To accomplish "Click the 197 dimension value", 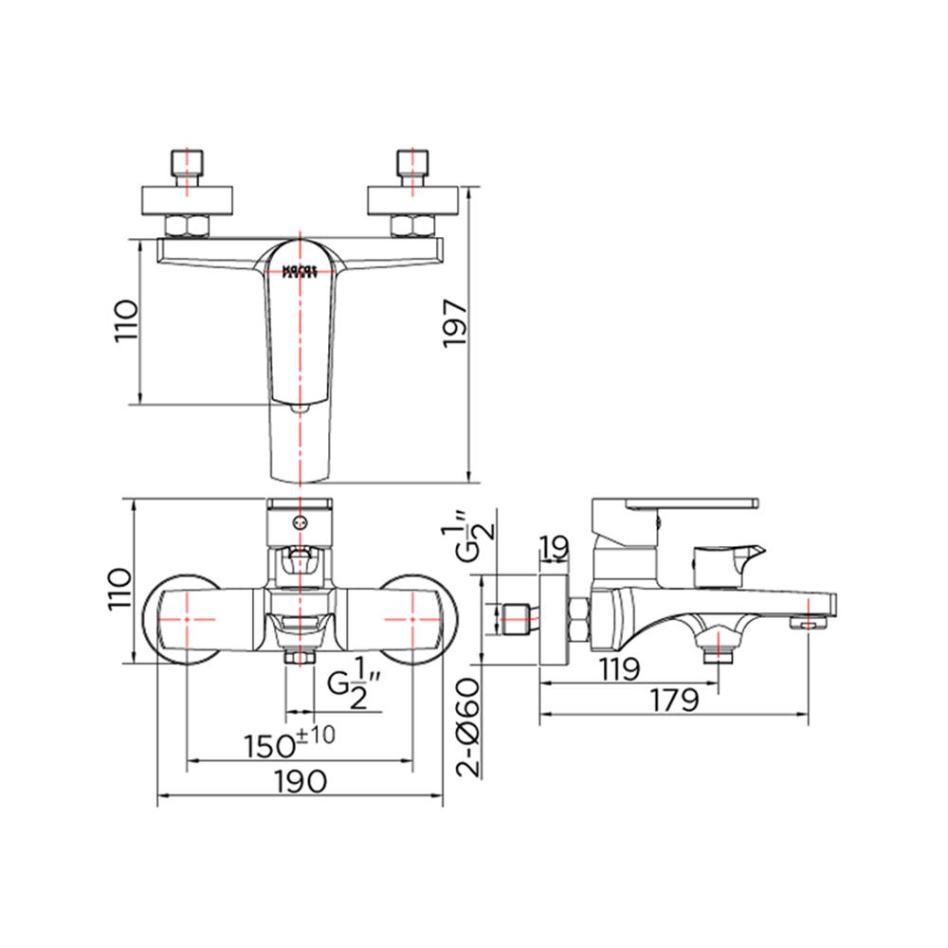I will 456,323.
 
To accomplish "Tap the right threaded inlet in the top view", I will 412,167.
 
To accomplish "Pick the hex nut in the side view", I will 577,621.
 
